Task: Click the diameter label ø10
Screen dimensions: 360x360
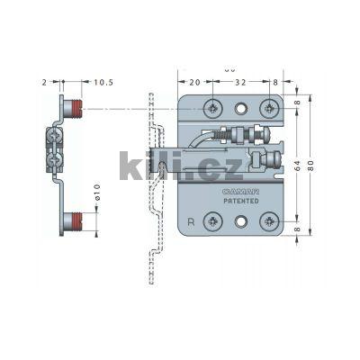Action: click(97, 193)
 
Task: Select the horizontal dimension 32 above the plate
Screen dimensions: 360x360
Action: click(241, 82)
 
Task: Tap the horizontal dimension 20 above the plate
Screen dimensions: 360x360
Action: click(196, 82)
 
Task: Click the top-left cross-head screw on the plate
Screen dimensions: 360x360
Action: click(212, 108)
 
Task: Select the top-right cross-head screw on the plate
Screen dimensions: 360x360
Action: click(268, 108)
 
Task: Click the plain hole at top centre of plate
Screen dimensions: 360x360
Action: click(240, 108)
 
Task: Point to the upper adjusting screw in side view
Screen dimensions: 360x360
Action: click(54, 137)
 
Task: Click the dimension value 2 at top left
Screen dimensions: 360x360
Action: click(42, 82)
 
